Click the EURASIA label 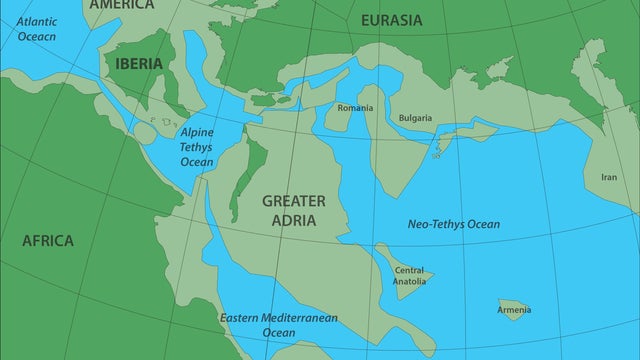click(392, 20)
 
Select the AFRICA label click(48, 240)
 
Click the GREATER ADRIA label click(294, 210)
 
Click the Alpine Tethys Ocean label click(197, 146)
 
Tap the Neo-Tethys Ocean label click(454, 224)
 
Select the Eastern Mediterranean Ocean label click(279, 325)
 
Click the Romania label click(355, 107)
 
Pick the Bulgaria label click(415, 117)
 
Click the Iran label click(608, 177)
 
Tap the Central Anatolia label click(409, 275)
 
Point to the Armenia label click(514, 310)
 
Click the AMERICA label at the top click(121, 5)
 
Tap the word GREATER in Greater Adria click(294, 200)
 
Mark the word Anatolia click(409, 281)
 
